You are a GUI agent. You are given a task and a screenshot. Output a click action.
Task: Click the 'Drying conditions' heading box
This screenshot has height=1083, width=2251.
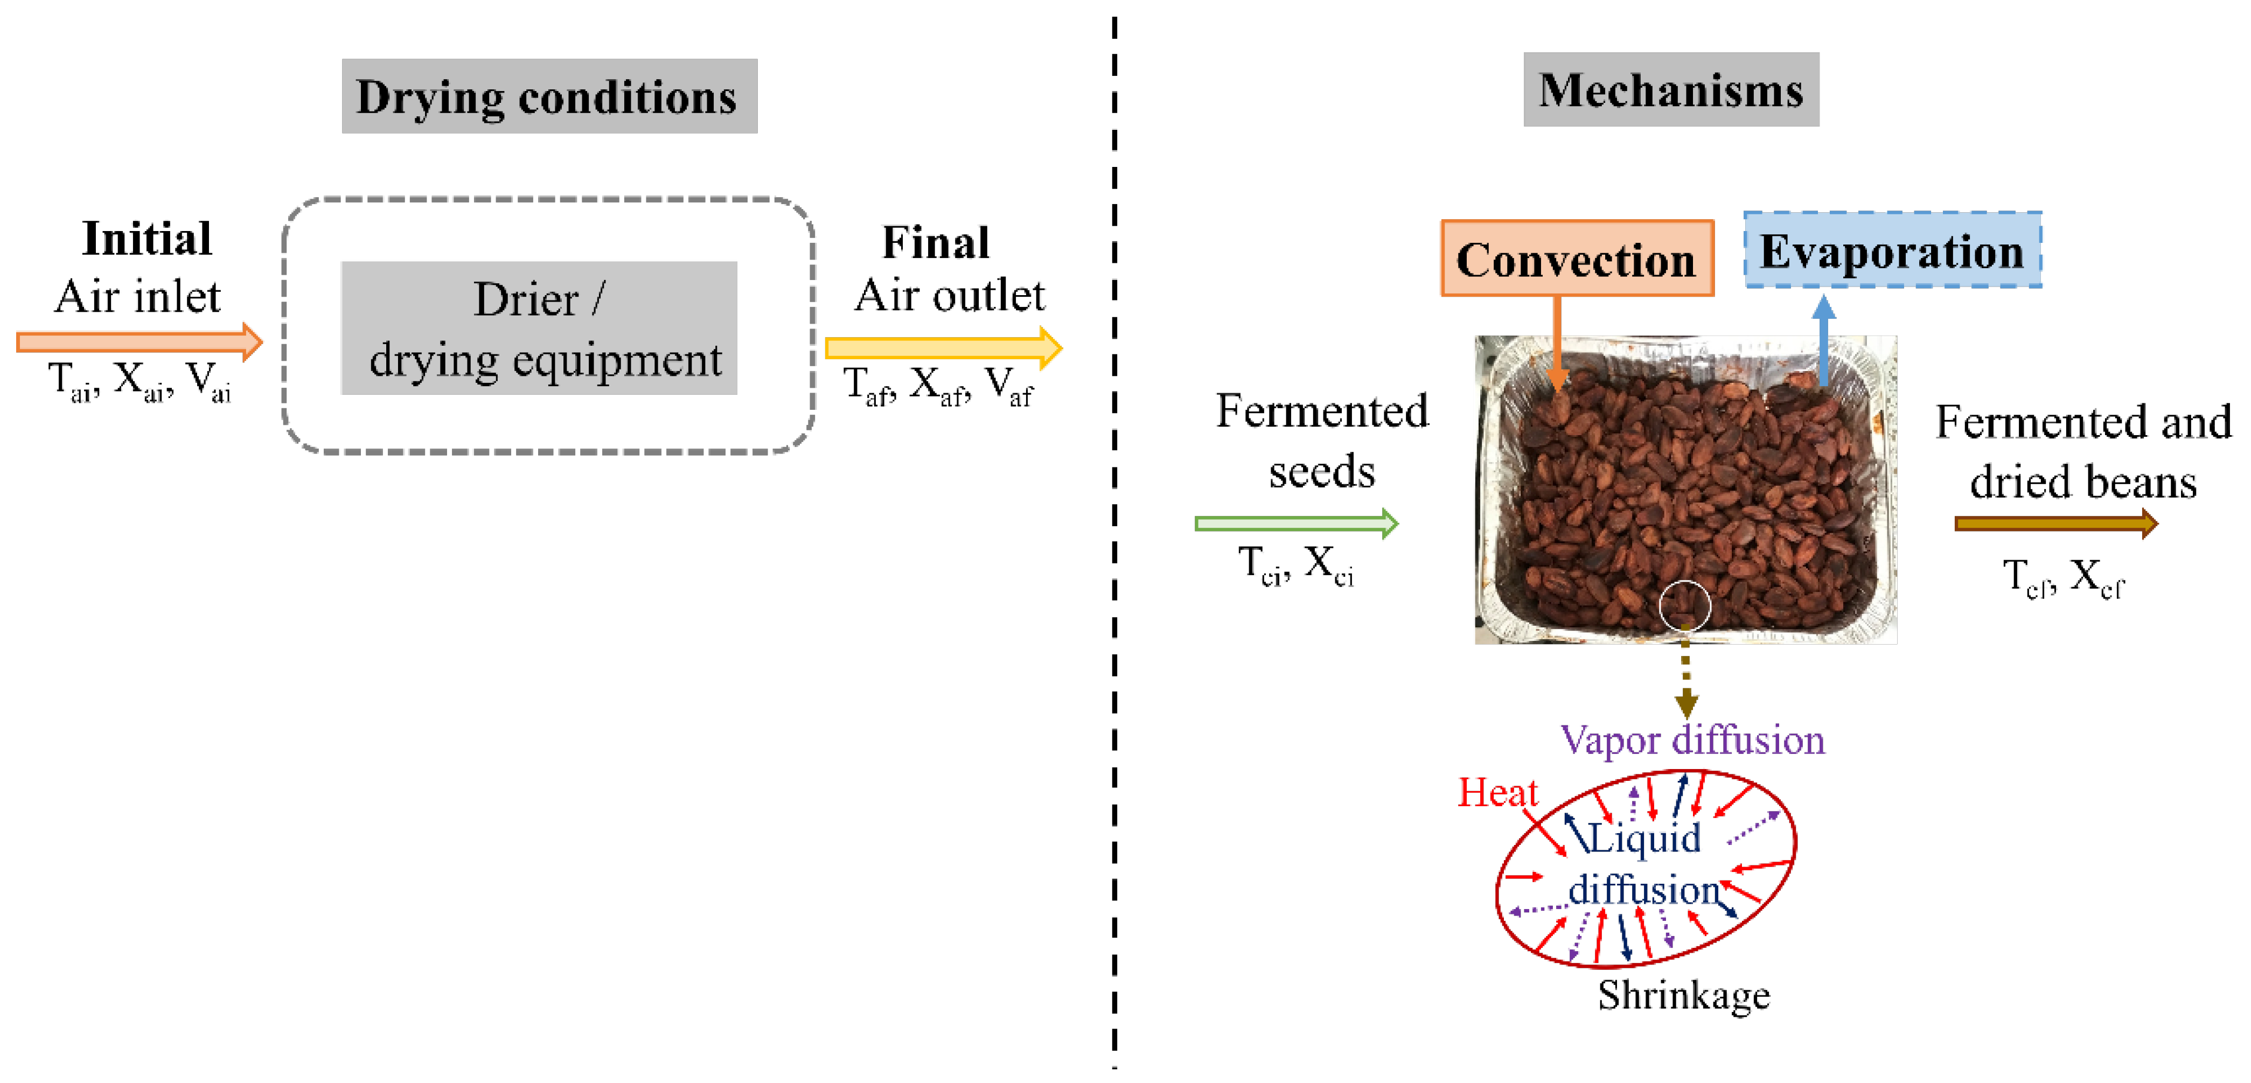click(x=549, y=96)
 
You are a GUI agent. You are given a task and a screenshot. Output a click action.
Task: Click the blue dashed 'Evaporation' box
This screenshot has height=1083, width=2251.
click(x=1892, y=250)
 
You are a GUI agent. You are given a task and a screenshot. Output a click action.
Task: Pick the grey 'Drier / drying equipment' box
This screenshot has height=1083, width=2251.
click(x=539, y=329)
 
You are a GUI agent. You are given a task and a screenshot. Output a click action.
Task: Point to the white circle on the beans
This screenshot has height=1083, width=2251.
click(x=1684, y=604)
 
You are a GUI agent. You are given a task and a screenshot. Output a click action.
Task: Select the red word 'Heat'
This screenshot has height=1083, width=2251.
click(x=1497, y=792)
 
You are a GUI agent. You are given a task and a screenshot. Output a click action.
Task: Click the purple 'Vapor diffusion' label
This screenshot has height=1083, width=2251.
click(x=1692, y=740)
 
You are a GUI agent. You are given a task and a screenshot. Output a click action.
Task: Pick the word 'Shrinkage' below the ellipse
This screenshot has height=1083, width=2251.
click(x=1683, y=995)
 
